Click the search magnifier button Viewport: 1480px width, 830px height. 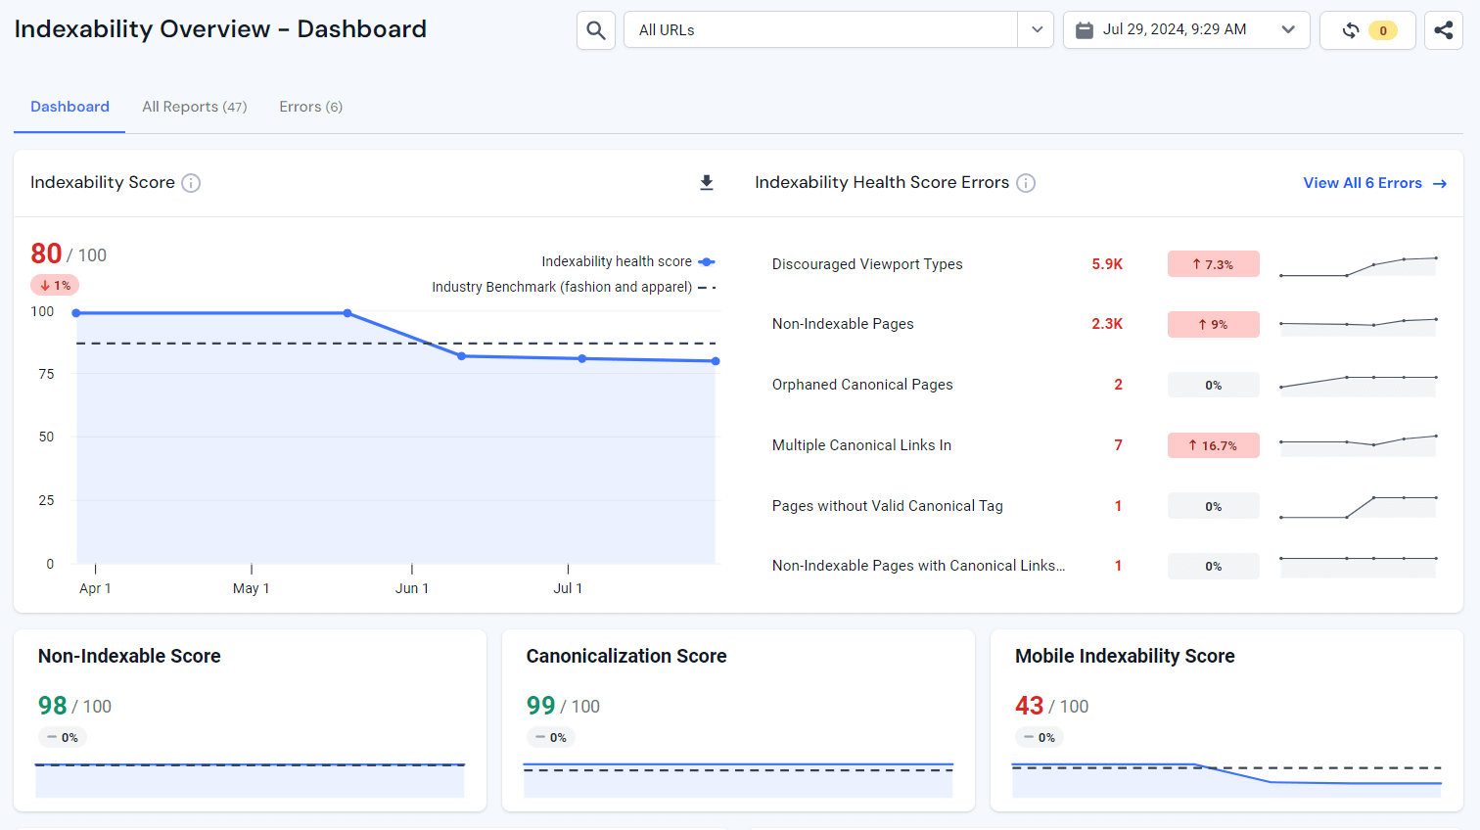(x=595, y=30)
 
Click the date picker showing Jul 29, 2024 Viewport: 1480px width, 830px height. (x=1185, y=30)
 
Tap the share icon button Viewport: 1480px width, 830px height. (x=1443, y=30)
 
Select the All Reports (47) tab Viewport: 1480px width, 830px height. (x=194, y=107)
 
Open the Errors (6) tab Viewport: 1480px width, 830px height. (x=310, y=107)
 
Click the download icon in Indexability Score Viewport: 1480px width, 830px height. (x=707, y=183)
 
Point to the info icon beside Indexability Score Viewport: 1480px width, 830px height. (x=192, y=183)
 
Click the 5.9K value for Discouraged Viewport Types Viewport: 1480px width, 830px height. (x=1107, y=264)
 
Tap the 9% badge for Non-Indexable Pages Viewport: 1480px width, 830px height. (x=1213, y=324)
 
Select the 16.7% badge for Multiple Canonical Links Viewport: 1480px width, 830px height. (x=1213, y=445)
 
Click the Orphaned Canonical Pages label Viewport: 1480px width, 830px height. (x=862, y=385)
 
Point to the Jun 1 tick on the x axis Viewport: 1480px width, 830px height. (x=412, y=588)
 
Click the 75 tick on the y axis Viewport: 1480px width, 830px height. (x=46, y=374)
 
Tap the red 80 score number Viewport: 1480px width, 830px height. (x=46, y=254)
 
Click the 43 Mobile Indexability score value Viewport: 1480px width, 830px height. (x=1029, y=706)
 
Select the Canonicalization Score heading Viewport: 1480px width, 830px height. (x=626, y=656)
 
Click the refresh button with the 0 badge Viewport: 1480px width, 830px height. (x=1366, y=30)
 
